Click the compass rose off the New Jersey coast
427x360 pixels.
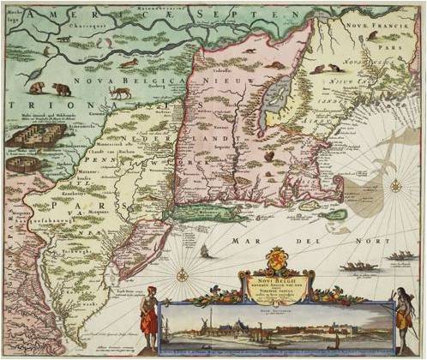click(x=182, y=275)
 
